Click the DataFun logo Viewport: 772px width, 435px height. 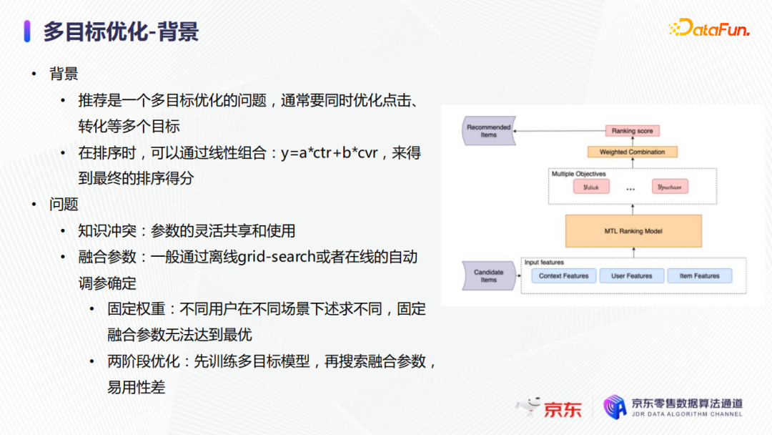[710, 28]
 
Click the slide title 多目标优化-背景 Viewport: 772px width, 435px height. [121, 31]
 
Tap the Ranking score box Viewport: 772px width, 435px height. [632, 131]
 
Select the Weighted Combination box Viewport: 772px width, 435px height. [632, 152]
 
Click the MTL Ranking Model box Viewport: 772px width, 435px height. [633, 230]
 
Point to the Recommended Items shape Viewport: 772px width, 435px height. [488, 130]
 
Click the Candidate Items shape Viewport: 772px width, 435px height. [488, 276]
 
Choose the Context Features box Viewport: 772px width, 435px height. [564, 276]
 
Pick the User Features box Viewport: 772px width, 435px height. [632, 276]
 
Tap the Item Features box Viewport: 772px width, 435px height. [700, 276]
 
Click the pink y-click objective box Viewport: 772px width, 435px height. [591, 187]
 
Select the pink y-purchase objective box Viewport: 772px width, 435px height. [670, 187]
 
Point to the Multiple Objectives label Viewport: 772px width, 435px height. [578, 174]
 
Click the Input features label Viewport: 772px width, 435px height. [544, 263]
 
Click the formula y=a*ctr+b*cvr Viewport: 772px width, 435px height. [330, 152]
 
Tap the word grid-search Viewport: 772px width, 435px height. [277, 257]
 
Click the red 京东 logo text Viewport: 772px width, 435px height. [563, 409]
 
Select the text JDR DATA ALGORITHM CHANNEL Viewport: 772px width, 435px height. [687, 414]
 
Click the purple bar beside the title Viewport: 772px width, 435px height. [27, 31]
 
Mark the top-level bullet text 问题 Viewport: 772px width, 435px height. [64, 204]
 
